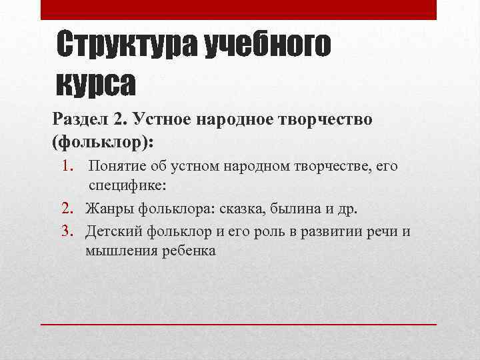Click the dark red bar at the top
(239, 9)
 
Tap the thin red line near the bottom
(239, 323)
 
